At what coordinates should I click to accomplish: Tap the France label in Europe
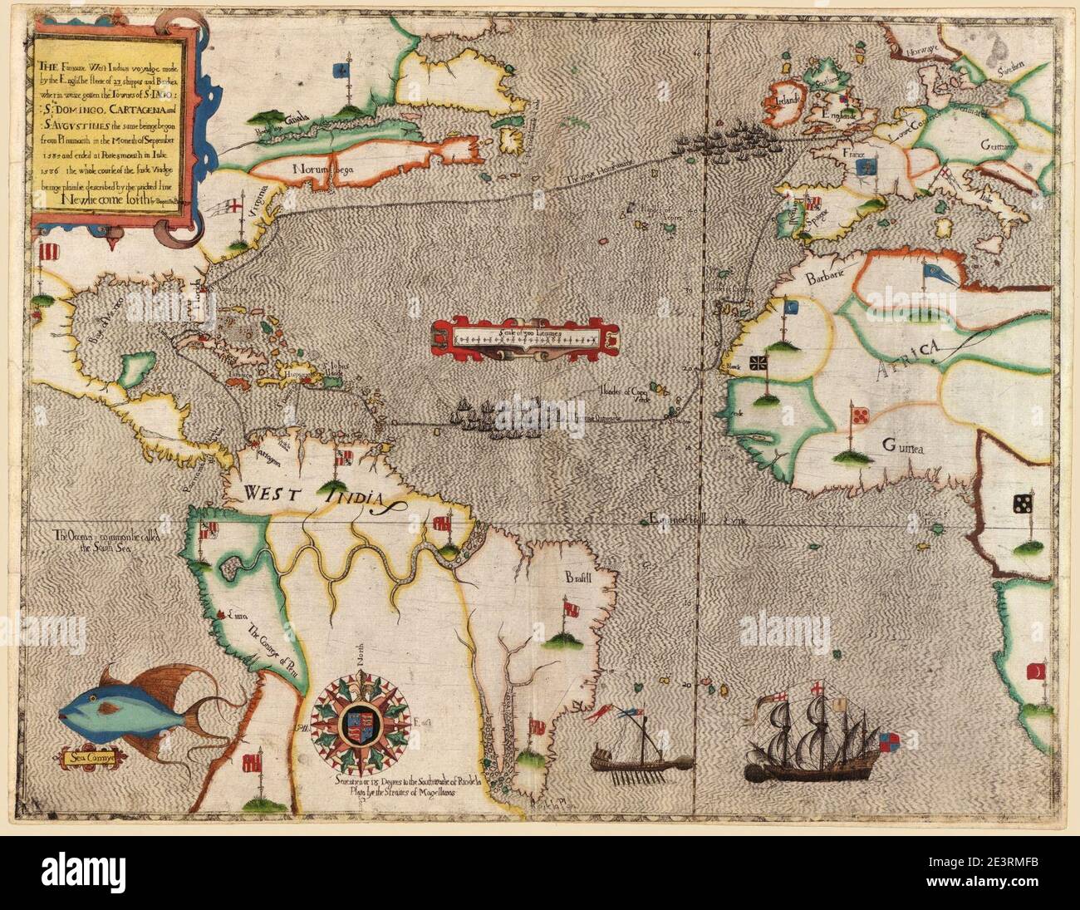[x=847, y=155]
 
